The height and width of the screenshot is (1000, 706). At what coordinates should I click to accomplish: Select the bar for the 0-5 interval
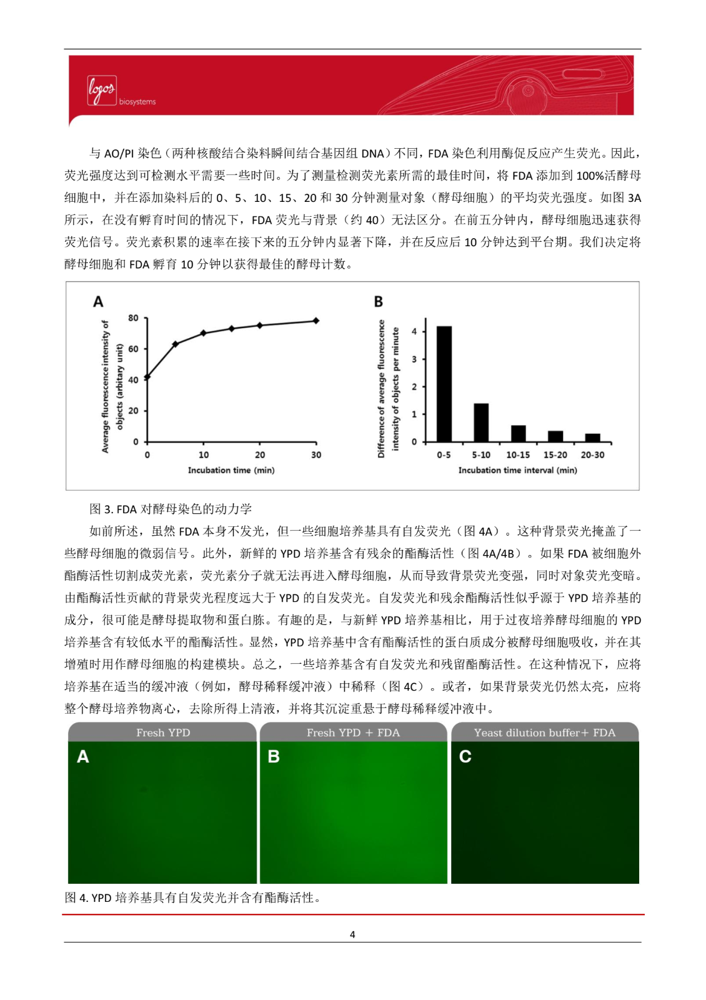point(444,384)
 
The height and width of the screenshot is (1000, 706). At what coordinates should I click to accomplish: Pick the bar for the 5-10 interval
point(481,422)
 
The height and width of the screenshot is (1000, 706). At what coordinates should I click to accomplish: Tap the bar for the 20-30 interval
point(592,437)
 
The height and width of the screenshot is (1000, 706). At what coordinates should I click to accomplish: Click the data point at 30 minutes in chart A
point(316,321)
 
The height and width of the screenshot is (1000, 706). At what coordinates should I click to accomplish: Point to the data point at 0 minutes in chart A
point(147,377)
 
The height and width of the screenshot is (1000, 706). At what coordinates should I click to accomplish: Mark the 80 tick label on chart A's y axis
point(133,318)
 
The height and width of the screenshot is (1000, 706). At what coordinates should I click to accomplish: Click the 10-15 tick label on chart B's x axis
point(518,455)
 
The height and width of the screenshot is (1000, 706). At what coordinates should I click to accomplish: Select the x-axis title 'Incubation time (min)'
point(231,470)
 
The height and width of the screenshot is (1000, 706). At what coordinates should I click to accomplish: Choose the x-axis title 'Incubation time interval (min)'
point(517,470)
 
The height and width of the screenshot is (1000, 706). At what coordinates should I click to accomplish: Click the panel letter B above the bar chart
point(379,302)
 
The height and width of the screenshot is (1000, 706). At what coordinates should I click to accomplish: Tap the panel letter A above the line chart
point(98,302)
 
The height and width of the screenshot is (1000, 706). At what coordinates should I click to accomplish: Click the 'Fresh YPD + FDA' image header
point(353,732)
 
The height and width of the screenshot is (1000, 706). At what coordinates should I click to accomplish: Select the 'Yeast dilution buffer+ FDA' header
point(544,732)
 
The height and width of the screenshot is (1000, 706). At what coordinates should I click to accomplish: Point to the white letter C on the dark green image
point(465,757)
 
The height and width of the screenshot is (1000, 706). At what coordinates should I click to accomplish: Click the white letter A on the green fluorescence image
point(83,757)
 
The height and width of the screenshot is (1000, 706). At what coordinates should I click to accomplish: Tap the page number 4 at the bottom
point(352,934)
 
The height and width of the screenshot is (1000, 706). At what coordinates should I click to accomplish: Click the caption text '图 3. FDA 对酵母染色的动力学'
point(171,509)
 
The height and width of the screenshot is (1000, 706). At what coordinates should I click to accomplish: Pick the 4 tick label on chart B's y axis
point(414,331)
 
